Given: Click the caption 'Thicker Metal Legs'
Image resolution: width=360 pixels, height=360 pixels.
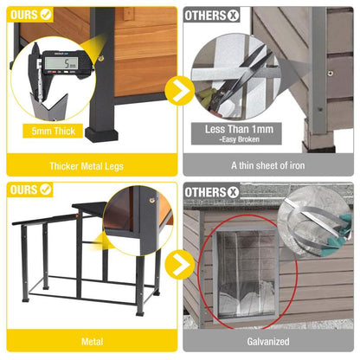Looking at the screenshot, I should click(x=91, y=165).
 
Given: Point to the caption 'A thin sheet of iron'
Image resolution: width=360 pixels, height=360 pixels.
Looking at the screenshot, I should click(x=269, y=165).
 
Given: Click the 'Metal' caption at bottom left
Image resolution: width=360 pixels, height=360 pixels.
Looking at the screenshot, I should click(x=91, y=342).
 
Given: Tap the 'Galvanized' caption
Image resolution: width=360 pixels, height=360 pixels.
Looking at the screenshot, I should click(x=269, y=342).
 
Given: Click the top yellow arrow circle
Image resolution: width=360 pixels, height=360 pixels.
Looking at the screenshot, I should click(x=179, y=88).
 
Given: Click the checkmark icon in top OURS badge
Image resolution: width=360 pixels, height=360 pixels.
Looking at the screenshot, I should click(x=46, y=15).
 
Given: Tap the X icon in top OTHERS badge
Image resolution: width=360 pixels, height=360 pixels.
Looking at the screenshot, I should click(x=232, y=15).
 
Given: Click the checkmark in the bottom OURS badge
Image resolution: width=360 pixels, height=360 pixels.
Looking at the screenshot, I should click(x=46, y=190).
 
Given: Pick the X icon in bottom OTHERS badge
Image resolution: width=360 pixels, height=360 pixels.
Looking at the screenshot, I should click(x=232, y=190).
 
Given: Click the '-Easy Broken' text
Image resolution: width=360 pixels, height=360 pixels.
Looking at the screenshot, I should click(x=241, y=141).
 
